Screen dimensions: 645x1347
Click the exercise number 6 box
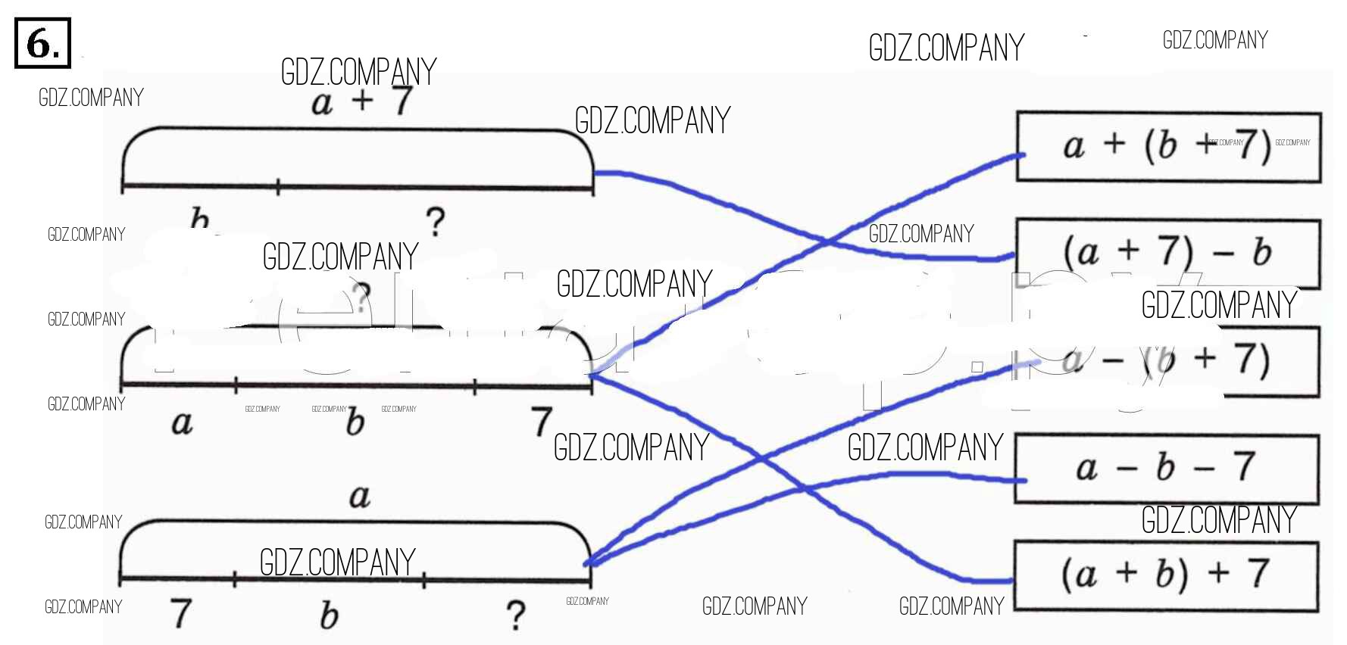click(42, 43)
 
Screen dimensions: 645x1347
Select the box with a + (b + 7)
click(1167, 147)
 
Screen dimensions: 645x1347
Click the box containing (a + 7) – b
click(1167, 253)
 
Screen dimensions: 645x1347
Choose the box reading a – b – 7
click(1166, 468)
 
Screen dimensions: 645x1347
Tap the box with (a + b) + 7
click(1166, 575)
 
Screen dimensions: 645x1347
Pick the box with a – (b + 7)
click(1167, 361)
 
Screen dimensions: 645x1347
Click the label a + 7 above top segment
click(362, 101)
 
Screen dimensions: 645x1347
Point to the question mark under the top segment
click(435, 222)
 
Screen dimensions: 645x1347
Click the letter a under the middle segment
click(182, 422)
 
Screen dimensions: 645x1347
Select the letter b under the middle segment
click(355, 422)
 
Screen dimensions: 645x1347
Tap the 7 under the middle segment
click(541, 421)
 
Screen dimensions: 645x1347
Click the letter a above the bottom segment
click(359, 496)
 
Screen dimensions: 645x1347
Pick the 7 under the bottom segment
click(180, 613)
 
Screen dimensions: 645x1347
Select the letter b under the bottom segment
click(328, 615)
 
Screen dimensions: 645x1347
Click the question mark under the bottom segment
click(515, 615)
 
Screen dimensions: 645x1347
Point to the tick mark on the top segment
click(278, 185)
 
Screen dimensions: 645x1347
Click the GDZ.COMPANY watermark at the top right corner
click(1214, 40)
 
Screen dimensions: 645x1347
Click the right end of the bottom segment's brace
click(589, 563)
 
